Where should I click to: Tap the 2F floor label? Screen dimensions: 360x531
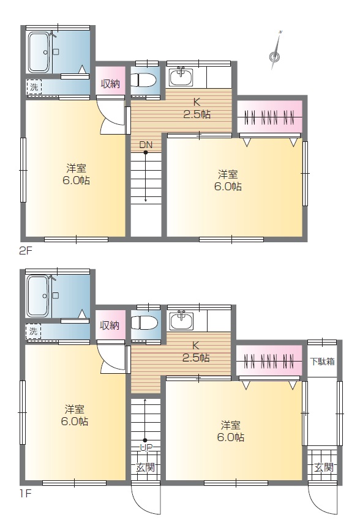(25, 251)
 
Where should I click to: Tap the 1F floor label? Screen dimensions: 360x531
(24, 494)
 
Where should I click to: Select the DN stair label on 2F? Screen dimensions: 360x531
(146, 145)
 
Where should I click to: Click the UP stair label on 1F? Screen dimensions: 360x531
(146, 447)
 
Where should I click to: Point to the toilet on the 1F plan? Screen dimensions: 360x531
(144, 323)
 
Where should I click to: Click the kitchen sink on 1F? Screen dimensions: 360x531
(181, 320)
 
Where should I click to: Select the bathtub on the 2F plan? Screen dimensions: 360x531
(40, 52)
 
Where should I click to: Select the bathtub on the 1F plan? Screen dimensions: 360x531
(39, 296)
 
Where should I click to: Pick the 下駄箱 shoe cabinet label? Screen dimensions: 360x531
(323, 362)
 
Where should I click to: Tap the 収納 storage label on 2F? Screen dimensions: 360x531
(110, 84)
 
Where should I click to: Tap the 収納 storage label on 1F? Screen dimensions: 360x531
(110, 326)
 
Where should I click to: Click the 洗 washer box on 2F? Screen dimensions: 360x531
(34, 87)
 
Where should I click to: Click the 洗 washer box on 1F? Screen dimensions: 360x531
(33, 331)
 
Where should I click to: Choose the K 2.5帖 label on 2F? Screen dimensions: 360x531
(197, 108)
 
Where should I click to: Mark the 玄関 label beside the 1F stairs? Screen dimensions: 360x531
(146, 467)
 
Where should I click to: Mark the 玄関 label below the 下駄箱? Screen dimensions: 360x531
(324, 467)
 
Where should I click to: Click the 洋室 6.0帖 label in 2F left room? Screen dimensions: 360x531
(76, 174)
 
